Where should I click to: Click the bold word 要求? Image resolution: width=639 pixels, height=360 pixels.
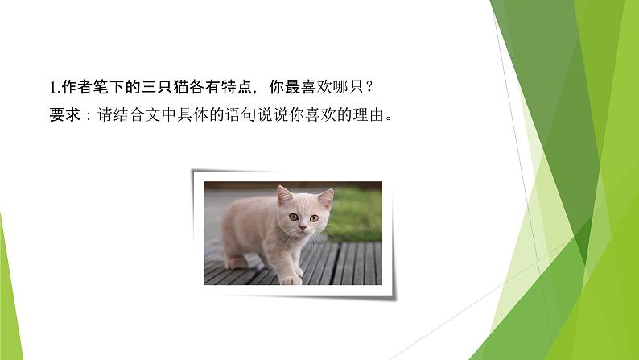pyautogui.click(x=62, y=114)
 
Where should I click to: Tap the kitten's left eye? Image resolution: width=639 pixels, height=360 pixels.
pyautogui.click(x=294, y=217)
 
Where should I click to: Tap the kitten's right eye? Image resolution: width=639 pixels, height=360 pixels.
pyautogui.click(x=314, y=217)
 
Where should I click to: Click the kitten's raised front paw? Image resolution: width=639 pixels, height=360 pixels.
pyautogui.click(x=291, y=278)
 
